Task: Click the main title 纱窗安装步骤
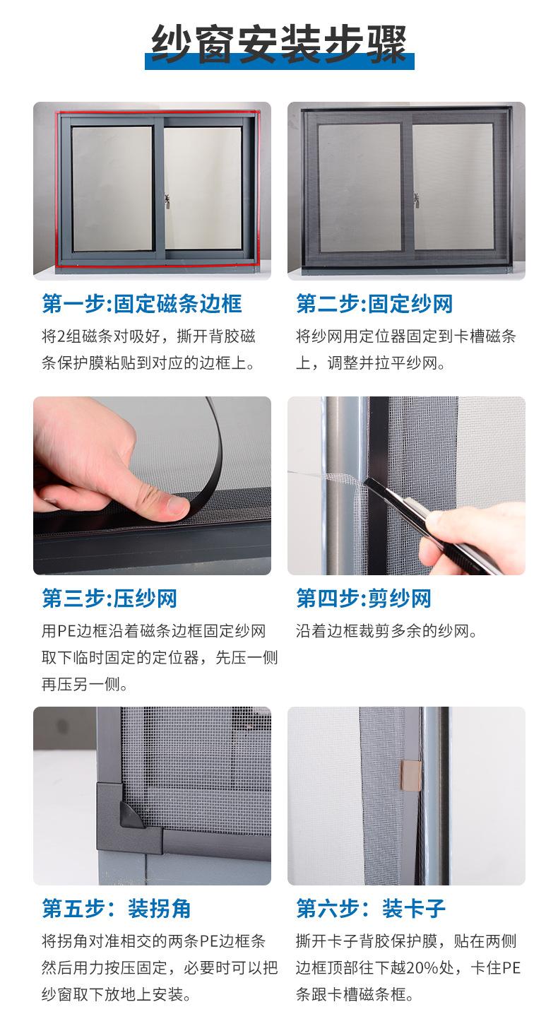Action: (x=279, y=45)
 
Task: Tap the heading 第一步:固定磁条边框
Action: (x=142, y=304)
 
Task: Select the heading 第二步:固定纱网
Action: (x=374, y=304)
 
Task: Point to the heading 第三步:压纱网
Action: (x=109, y=599)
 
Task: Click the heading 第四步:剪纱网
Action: (x=364, y=599)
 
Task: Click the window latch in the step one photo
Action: (x=167, y=201)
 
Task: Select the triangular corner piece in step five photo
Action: (x=131, y=814)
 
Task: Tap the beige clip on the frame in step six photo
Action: (x=410, y=775)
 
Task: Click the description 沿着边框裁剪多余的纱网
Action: (x=386, y=630)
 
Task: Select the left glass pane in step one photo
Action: (x=112, y=189)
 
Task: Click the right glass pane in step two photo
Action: (x=453, y=187)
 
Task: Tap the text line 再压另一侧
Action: (x=85, y=685)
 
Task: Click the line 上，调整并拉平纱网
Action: (x=371, y=363)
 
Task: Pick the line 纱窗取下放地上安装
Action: (x=117, y=994)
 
